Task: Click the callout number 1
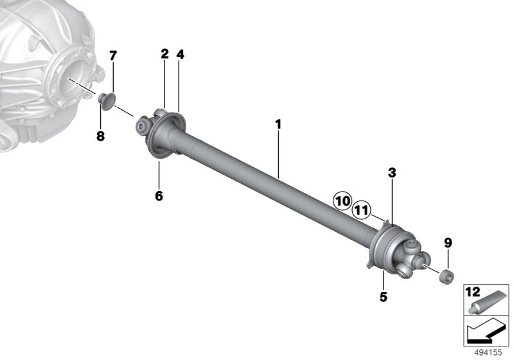pos(278,125)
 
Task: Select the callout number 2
pos(164,54)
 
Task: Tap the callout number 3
pos(392,173)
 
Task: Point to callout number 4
pos(180,54)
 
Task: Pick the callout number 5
pos(383,297)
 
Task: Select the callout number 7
pos(113,56)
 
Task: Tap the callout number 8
pos(100,136)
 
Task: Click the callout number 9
pos(448,243)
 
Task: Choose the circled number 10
pos(342,201)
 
